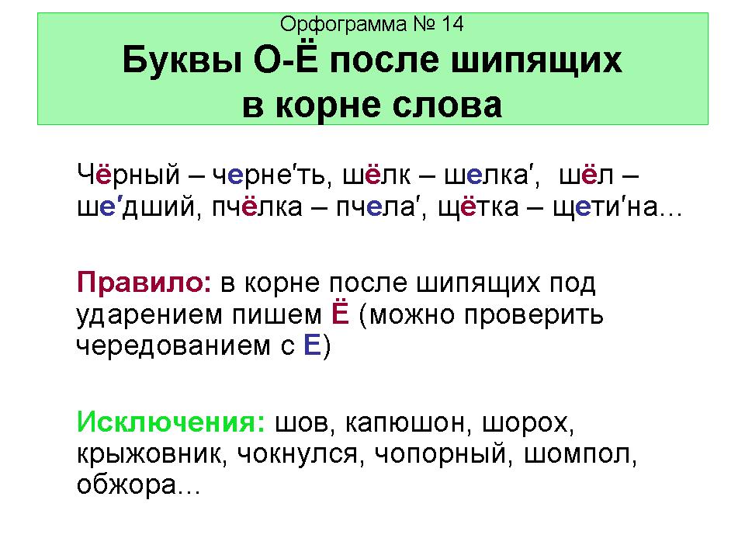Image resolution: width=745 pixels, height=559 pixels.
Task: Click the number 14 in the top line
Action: click(x=452, y=24)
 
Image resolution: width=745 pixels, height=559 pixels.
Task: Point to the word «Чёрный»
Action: click(x=128, y=174)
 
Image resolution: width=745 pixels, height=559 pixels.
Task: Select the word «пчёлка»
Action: click(x=257, y=207)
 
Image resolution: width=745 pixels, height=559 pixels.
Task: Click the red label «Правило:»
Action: click(x=144, y=283)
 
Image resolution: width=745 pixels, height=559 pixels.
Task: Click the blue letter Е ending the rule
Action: click(x=312, y=345)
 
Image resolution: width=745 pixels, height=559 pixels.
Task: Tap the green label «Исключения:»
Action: click(x=171, y=422)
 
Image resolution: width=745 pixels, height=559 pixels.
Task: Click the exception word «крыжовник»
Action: click(x=149, y=454)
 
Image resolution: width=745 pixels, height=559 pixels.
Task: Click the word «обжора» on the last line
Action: click(x=126, y=484)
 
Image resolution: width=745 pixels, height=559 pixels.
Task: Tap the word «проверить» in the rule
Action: click(x=534, y=316)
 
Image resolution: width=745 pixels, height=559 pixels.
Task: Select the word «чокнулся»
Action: click(x=297, y=454)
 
